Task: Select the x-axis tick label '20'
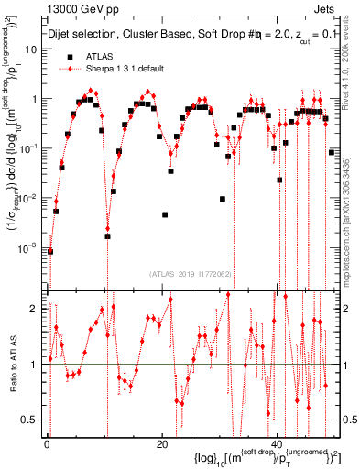pyautogui.click(x=161, y=444)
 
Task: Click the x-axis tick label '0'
pyautogui.click(x=47, y=444)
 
